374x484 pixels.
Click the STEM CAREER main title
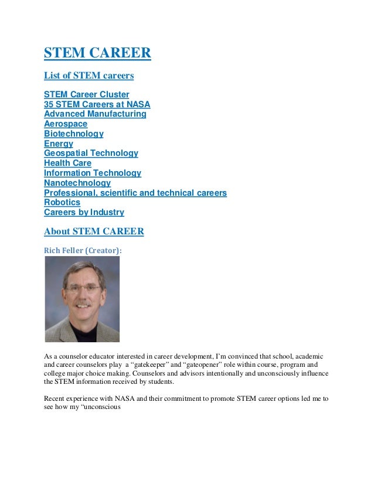(x=97, y=54)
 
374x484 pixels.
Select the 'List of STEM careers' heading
(x=89, y=76)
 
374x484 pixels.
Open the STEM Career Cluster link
(x=87, y=94)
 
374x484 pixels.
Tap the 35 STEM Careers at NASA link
(x=97, y=104)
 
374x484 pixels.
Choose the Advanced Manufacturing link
(x=95, y=114)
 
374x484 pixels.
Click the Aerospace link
(x=66, y=124)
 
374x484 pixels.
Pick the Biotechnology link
(x=74, y=134)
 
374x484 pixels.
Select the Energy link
(x=59, y=144)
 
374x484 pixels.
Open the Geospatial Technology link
(x=91, y=154)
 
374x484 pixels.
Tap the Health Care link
(x=68, y=163)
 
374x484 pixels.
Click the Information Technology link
(x=93, y=173)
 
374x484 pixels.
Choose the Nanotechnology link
(x=77, y=183)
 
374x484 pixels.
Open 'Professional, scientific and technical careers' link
(x=135, y=193)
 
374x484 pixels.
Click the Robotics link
(x=62, y=203)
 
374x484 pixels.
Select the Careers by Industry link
(x=84, y=213)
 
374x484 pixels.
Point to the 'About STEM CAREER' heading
(x=94, y=231)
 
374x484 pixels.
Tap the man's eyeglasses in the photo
(x=82, y=289)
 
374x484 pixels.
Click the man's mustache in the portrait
(x=83, y=304)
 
